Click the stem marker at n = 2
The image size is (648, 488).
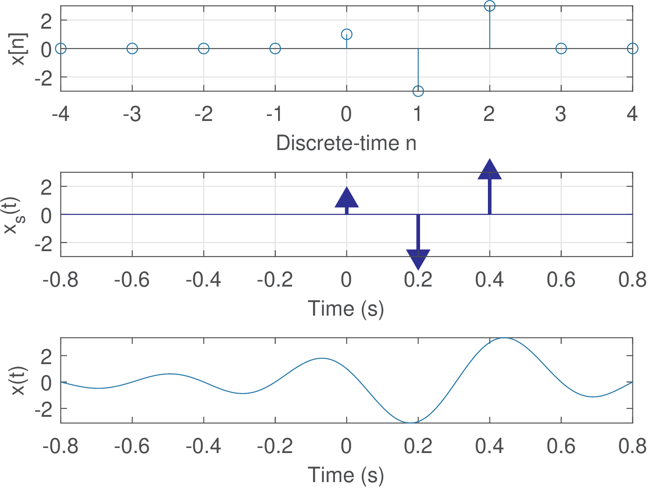coord(489,6)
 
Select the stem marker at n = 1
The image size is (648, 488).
coord(418,91)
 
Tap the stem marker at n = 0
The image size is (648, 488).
coord(346,34)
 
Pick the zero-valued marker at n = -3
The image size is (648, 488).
coord(132,48)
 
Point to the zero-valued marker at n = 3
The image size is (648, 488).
coord(561,48)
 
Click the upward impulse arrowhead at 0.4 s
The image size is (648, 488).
coord(490,169)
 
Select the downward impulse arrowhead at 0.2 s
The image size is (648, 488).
coord(418,259)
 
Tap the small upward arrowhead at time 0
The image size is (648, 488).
coord(346,198)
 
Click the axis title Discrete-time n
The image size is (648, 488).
coord(346,143)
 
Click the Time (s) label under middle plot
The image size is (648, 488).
coord(346,308)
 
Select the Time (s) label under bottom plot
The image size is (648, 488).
coord(346,475)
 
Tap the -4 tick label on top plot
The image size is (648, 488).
coord(61,114)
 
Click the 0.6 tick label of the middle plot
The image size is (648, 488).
coord(561,279)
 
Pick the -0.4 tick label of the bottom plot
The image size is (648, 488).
coord(204,446)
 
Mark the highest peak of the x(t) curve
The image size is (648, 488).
coord(503,338)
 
